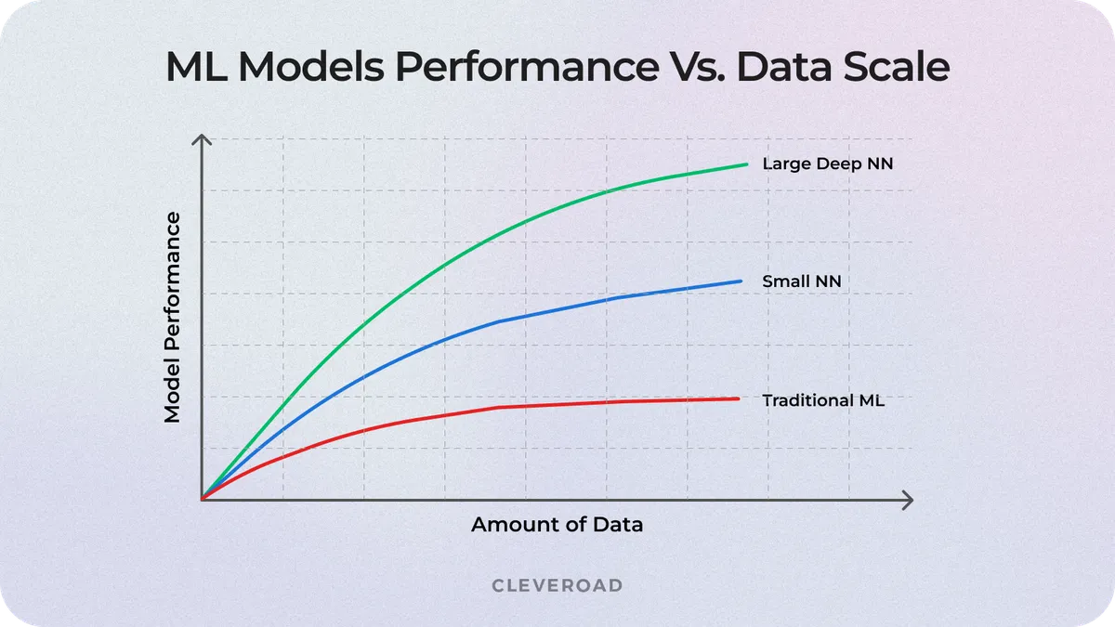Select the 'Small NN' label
coord(802,281)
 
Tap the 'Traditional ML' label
coord(823,401)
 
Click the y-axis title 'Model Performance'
coord(173,318)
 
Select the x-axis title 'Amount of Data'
coord(557,524)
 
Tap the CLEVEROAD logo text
coord(557,585)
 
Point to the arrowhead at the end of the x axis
coord(908,500)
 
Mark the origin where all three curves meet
coord(202,499)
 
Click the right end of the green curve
coord(746,164)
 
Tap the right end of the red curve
coord(739,398)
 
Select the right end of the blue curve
coord(741,281)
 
